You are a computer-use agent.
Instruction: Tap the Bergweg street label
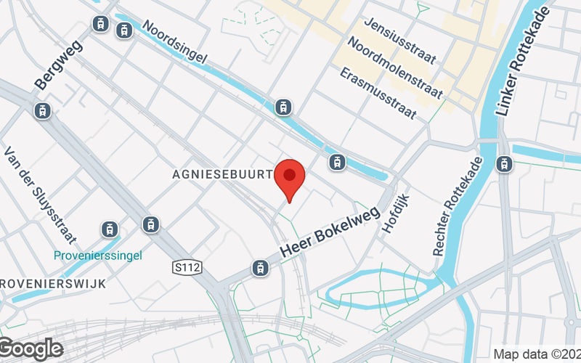(59, 64)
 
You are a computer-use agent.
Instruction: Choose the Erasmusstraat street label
(378, 94)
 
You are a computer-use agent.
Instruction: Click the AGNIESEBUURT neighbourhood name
(222, 175)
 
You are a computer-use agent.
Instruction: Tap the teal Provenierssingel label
(97, 255)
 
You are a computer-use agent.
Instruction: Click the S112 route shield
(187, 268)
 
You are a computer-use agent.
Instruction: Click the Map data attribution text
(536, 354)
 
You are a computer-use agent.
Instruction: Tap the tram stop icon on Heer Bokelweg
(259, 268)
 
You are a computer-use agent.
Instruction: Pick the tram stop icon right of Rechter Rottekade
(503, 164)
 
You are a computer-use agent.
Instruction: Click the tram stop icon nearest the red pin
(336, 162)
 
